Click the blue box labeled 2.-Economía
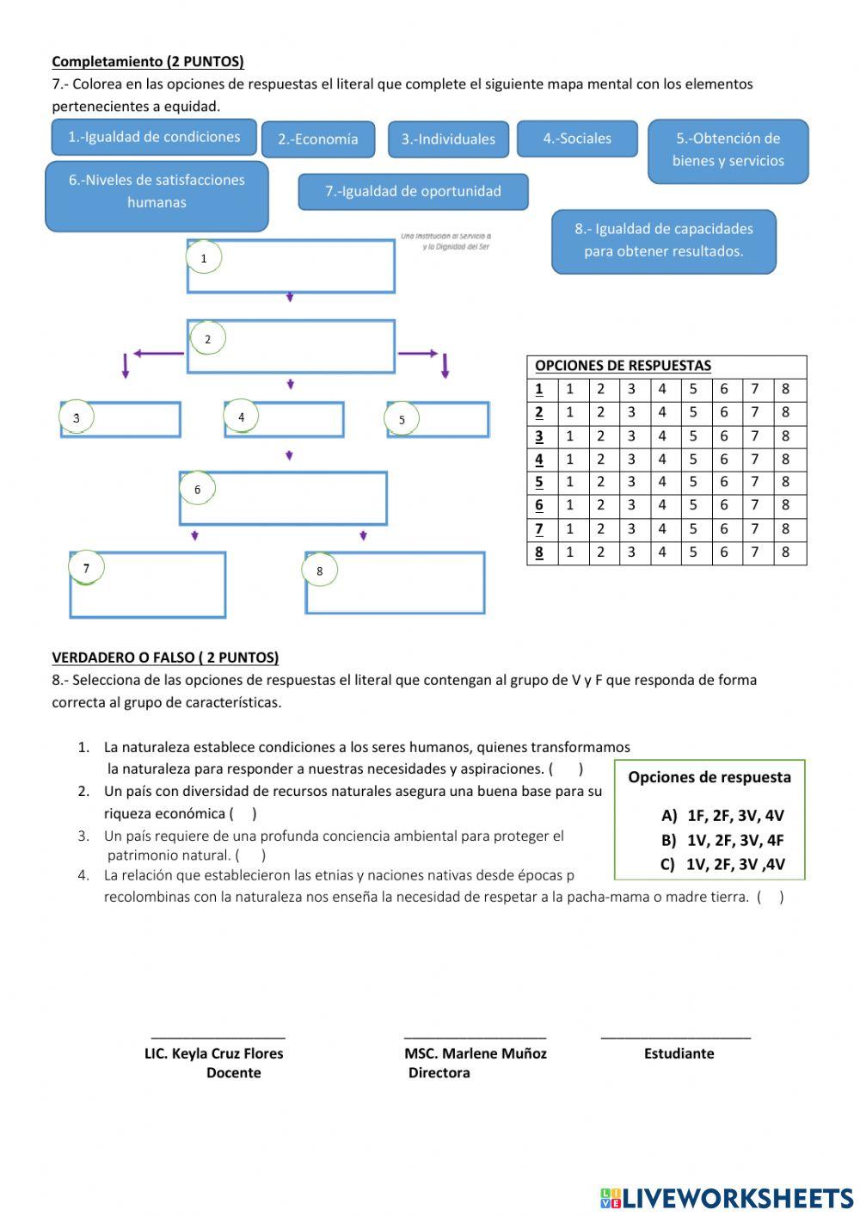click(317, 139)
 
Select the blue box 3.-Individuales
click(448, 139)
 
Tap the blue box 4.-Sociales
click(577, 139)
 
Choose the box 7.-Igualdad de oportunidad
click(413, 191)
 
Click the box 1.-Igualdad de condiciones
click(154, 137)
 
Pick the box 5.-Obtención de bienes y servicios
click(728, 150)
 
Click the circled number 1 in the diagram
click(204, 257)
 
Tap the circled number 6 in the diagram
click(197, 490)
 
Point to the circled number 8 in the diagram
click(320, 571)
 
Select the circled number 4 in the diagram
click(242, 417)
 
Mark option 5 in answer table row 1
click(692, 389)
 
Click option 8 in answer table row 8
click(785, 552)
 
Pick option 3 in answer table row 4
click(630, 460)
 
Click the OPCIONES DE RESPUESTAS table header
click(623, 366)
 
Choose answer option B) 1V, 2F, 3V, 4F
click(722, 841)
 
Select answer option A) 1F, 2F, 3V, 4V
click(722, 816)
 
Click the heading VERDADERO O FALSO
click(165, 657)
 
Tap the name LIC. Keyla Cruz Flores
click(213, 1053)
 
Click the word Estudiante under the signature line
click(679, 1053)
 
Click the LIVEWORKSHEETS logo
click(727, 1197)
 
